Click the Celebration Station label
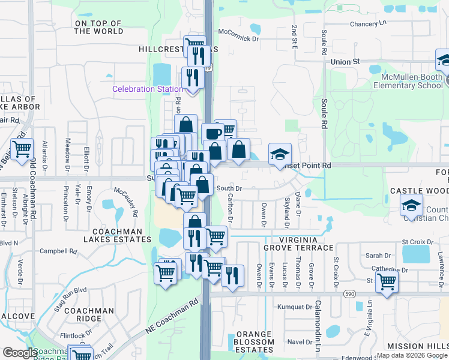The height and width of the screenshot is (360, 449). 147,89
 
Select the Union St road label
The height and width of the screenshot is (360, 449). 345,61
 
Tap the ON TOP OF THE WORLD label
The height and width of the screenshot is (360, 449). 98,27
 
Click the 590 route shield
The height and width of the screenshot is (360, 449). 348,295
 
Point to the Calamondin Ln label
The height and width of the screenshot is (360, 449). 318,326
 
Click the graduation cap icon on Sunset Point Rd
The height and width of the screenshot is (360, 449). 280,154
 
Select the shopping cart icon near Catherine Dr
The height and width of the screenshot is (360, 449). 387,280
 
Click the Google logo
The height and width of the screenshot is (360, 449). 19,353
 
